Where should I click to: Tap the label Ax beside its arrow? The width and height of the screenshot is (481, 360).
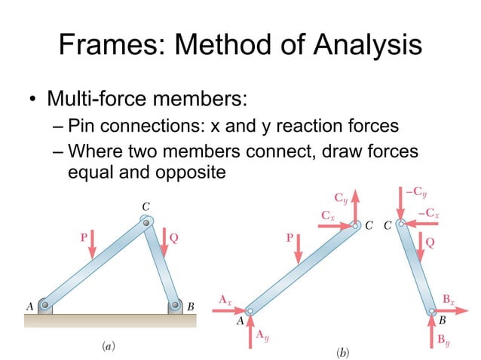click(x=225, y=301)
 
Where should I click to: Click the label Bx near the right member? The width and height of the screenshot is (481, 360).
click(x=448, y=301)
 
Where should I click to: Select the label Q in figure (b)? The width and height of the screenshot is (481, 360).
click(x=430, y=243)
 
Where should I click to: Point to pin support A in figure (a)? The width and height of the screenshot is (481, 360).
click(x=46, y=307)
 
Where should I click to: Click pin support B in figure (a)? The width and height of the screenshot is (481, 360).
click(x=174, y=307)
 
